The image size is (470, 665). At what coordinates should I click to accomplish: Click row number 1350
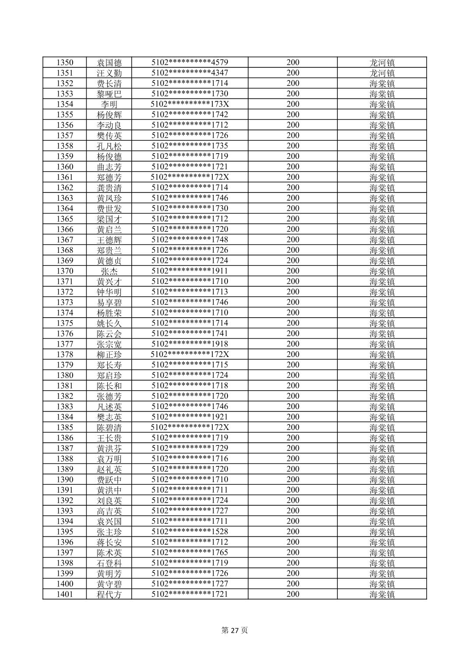click(x=65, y=63)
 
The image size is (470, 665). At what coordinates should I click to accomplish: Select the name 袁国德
click(x=109, y=63)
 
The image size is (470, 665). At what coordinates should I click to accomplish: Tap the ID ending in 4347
click(x=189, y=73)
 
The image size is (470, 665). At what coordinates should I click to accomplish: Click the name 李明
click(x=109, y=105)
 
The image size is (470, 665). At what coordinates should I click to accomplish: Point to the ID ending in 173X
click(x=189, y=104)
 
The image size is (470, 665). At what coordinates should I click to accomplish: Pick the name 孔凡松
click(x=109, y=146)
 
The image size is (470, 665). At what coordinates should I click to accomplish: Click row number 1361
click(x=65, y=177)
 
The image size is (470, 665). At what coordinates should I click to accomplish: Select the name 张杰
click(x=109, y=271)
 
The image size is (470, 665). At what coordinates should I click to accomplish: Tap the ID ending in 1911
click(x=189, y=271)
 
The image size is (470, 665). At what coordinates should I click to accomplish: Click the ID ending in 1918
click(x=189, y=344)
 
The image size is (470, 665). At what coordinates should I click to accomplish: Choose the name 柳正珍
click(x=109, y=355)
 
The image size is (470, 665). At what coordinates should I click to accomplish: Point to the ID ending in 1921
click(x=189, y=417)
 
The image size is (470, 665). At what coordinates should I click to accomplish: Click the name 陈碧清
click(x=109, y=428)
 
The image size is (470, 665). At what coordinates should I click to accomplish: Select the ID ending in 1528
click(x=189, y=532)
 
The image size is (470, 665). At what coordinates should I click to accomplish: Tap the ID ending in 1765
click(x=189, y=553)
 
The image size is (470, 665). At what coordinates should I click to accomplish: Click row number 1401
click(x=65, y=594)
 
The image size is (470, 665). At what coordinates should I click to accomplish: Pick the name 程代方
click(x=109, y=595)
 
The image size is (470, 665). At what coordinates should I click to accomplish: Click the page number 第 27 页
click(x=235, y=630)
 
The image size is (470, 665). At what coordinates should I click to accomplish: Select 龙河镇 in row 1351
click(x=382, y=73)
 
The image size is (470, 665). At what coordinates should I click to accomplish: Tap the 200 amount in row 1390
click(x=293, y=479)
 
